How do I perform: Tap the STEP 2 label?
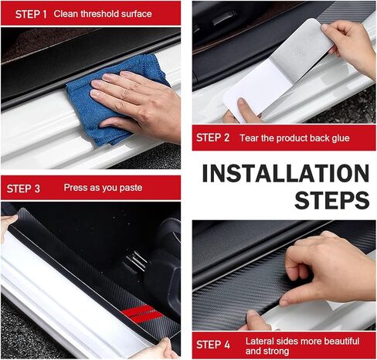pyautogui.click(x=213, y=138)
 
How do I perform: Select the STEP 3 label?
pyautogui.click(x=25, y=188)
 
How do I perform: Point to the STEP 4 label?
pyautogui.click(x=213, y=345)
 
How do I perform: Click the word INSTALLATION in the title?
pyautogui.click(x=285, y=173)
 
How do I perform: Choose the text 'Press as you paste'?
pyautogui.click(x=103, y=188)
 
